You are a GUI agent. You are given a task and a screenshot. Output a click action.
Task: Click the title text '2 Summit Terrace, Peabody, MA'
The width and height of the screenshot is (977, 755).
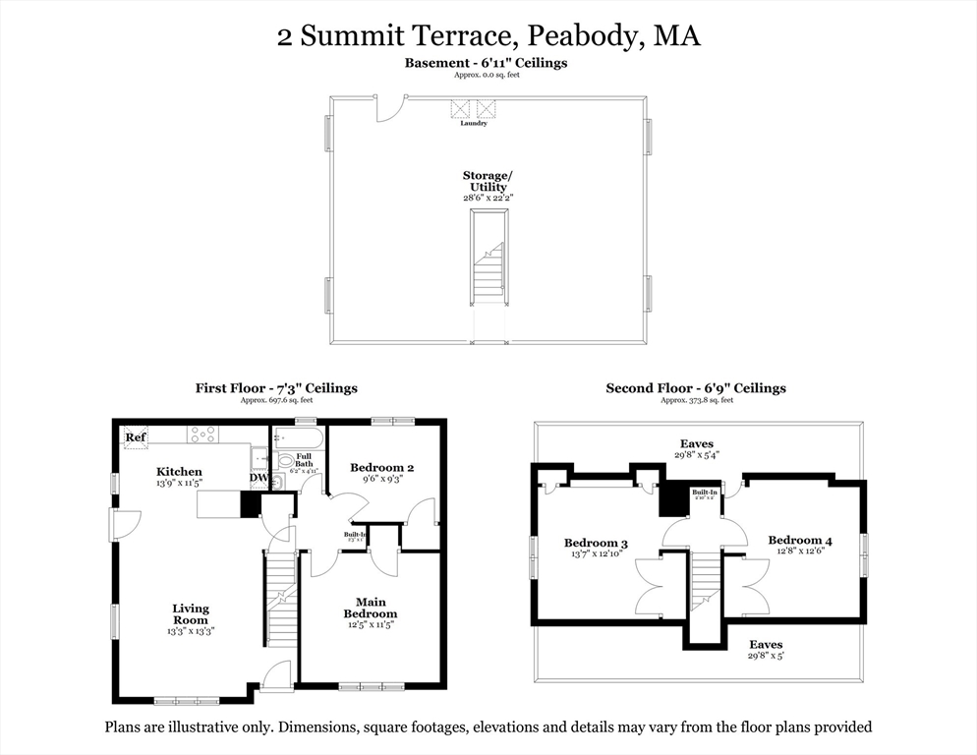tap(488, 36)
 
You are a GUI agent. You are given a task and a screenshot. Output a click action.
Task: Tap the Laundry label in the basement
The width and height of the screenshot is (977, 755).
tap(474, 123)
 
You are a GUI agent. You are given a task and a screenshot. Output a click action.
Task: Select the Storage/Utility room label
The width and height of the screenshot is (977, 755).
tap(488, 181)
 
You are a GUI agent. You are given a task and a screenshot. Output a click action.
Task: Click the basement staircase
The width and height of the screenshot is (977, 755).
tap(488, 271)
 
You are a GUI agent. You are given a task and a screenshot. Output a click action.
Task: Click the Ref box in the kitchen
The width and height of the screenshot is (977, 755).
tap(136, 436)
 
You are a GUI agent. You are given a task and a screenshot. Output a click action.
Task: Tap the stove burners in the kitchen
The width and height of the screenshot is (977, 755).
tap(203, 434)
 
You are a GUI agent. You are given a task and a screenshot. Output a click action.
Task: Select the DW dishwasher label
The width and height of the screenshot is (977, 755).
tap(258, 479)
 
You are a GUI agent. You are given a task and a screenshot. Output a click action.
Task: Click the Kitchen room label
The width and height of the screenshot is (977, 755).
tap(179, 472)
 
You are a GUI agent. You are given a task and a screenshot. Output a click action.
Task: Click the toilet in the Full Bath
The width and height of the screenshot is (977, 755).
tap(284, 460)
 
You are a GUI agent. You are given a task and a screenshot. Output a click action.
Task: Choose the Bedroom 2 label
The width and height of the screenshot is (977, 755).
tap(382, 468)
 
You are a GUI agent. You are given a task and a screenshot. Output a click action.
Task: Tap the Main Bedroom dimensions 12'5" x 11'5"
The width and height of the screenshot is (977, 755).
tap(371, 624)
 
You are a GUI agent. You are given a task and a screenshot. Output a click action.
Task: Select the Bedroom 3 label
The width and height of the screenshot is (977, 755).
tap(596, 543)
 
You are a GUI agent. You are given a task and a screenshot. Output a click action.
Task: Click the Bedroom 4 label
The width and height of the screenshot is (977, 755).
tap(799, 540)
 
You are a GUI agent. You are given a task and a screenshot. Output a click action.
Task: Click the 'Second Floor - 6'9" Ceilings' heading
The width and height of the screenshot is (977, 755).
tap(696, 388)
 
